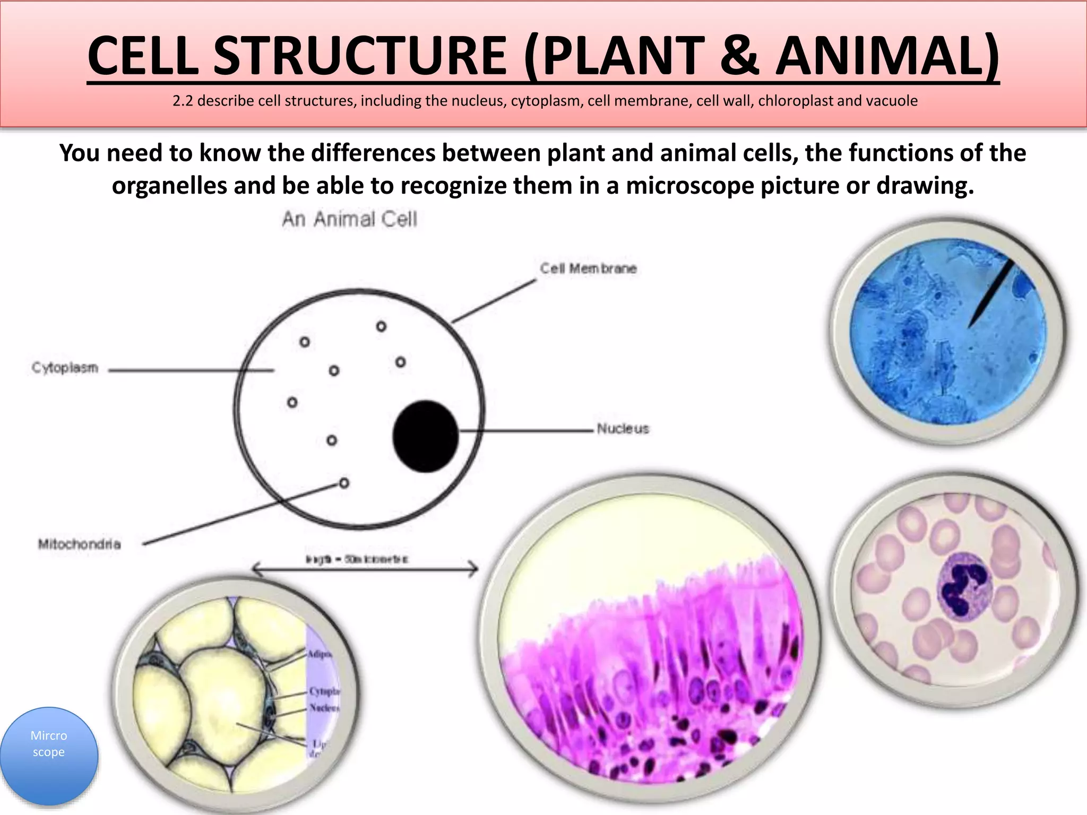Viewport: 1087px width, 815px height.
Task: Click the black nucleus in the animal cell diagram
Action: click(x=425, y=436)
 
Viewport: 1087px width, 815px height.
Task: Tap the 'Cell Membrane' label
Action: click(x=588, y=268)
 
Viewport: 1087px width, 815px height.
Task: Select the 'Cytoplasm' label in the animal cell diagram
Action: click(x=65, y=368)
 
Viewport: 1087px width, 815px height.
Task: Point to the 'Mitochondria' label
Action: click(x=79, y=544)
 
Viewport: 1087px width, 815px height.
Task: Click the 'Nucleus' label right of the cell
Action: click(x=623, y=429)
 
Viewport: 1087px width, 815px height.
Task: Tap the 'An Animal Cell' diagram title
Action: click(x=349, y=219)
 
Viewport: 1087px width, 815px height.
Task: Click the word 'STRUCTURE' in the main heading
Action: click(x=361, y=56)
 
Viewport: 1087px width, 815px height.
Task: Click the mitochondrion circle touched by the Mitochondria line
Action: click(x=344, y=483)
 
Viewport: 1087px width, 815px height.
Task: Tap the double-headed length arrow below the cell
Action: click(x=365, y=570)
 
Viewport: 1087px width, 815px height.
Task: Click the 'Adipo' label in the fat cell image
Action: click(x=321, y=654)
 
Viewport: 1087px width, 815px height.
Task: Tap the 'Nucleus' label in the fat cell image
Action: click(x=324, y=707)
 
